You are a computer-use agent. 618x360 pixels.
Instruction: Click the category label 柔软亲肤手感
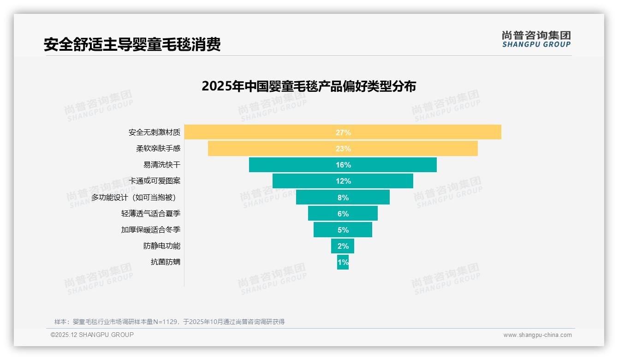(x=158, y=149)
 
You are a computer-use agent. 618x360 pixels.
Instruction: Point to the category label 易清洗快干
(x=162, y=165)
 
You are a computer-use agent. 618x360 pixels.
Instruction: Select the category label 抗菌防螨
(x=166, y=262)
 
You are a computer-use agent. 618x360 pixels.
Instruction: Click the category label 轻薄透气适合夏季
(x=151, y=214)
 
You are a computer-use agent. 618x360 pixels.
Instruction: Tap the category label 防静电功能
(x=162, y=246)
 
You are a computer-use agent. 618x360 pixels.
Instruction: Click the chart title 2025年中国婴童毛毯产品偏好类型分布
(x=309, y=86)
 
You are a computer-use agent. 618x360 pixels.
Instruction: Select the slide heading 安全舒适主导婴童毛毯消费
(x=132, y=44)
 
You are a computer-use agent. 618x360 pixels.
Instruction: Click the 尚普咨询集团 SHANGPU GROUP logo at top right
(x=536, y=39)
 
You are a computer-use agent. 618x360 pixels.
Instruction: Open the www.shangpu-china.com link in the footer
(x=537, y=335)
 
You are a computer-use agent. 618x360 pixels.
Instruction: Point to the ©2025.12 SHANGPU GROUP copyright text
(x=92, y=335)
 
